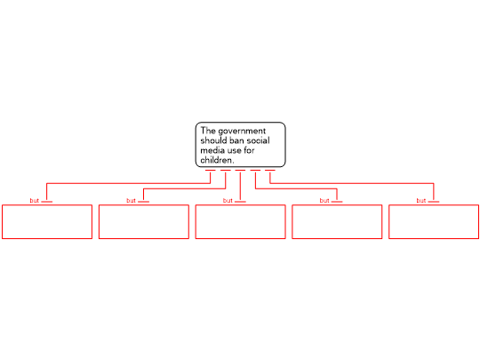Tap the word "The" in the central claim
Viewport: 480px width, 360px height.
208,131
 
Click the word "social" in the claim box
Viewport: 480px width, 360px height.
258,140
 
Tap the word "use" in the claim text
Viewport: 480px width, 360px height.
234,151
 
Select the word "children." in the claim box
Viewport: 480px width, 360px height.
218,160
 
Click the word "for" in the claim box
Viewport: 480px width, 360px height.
249,150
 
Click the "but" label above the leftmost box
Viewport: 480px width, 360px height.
35,201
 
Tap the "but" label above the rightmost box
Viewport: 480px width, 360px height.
421,201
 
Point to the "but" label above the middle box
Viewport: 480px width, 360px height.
228,201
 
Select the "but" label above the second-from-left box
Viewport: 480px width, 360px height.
131,201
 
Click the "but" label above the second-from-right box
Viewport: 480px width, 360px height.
324,201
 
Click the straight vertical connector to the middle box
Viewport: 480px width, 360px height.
240,186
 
